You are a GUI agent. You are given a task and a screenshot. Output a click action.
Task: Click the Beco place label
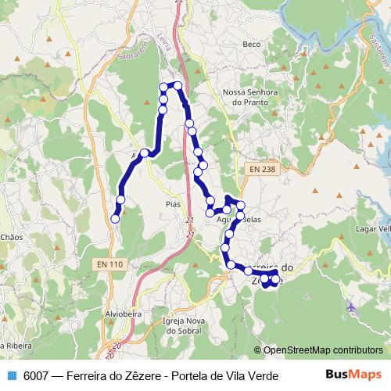251,66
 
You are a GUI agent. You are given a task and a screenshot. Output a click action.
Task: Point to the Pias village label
173,203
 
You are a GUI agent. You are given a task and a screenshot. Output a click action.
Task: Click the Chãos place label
12,235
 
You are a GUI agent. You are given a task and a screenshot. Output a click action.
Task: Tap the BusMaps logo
353,375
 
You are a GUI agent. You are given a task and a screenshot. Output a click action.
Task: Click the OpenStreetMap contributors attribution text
323,350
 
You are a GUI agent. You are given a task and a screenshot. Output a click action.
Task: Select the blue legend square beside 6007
12,375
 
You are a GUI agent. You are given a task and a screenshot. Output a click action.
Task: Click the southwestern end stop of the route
115,219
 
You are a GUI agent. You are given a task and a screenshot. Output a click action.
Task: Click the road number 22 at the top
180,3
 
